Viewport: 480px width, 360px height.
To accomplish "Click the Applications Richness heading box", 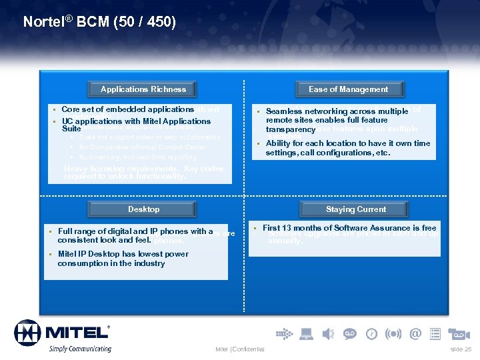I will click(143, 89).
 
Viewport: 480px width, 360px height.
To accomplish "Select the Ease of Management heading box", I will click(348, 89).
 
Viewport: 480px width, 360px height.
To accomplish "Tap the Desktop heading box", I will click(143, 209).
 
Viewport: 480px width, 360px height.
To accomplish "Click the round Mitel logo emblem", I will click(28, 333).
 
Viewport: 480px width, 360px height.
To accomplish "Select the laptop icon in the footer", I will click(305, 333).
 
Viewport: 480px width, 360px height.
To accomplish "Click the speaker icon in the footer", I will click(327, 333).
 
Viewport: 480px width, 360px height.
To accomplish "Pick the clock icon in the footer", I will click(371, 333).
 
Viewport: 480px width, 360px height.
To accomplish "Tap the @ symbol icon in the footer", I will click(415, 333).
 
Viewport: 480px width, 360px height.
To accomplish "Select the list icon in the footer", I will click(435, 333).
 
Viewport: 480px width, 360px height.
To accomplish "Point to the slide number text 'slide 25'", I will click(460, 349).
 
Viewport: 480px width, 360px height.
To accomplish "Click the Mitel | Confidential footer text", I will click(240, 349).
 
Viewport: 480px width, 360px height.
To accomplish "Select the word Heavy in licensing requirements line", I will click(75, 169).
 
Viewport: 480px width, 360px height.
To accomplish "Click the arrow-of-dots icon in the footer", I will click(283, 333).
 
